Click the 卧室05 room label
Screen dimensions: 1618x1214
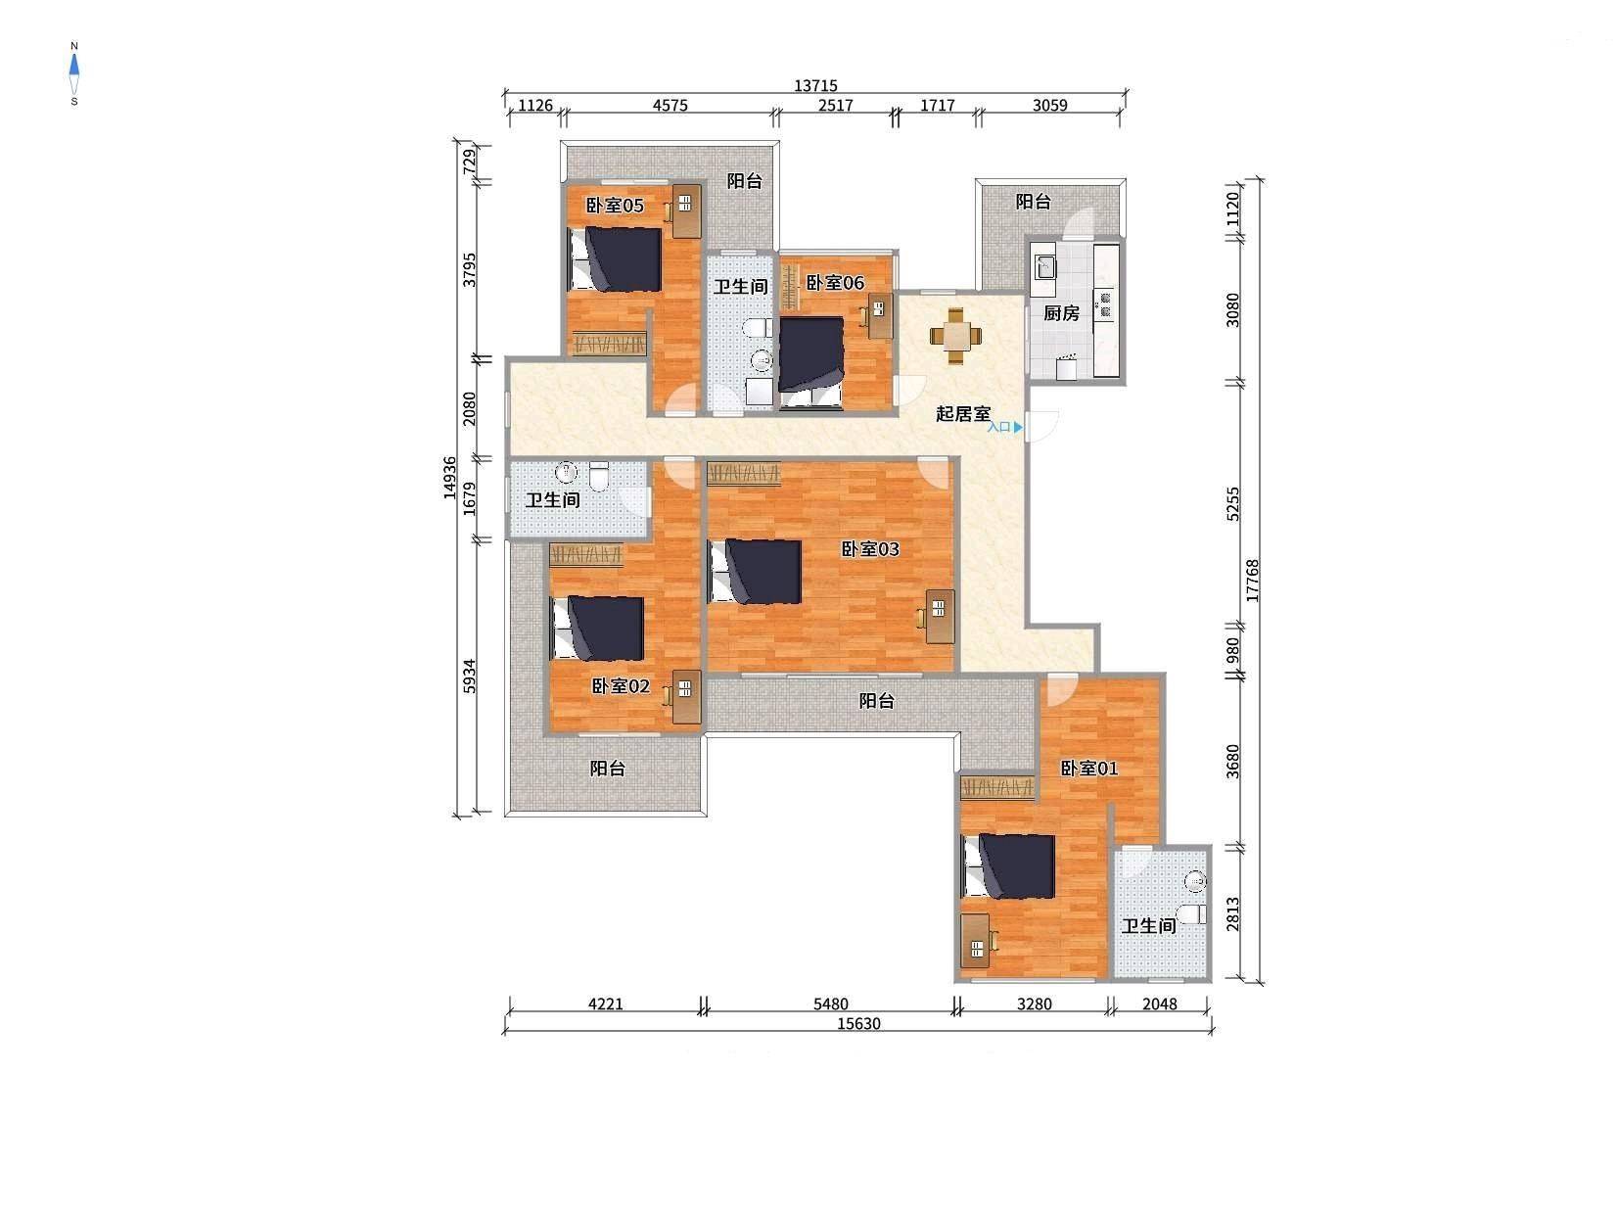[615, 206]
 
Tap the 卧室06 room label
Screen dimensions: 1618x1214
[834, 282]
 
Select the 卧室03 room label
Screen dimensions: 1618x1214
[870, 549]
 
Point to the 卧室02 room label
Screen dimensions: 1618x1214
[621, 686]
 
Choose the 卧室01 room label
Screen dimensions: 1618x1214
[1088, 769]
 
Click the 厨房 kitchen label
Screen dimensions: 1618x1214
[1061, 313]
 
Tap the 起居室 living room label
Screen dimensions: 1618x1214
[963, 413]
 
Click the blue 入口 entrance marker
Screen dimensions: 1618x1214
[1004, 427]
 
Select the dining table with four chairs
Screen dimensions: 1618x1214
[955, 336]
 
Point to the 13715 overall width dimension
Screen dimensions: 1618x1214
[815, 85]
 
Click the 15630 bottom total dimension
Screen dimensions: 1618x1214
[858, 1024]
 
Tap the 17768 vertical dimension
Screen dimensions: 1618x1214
[1252, 581]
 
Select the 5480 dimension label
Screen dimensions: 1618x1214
[830, 1004]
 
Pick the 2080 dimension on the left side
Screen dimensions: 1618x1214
[469, 408]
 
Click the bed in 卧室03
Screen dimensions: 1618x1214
[755, 571]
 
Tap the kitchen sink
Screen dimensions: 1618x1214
[1044, 265]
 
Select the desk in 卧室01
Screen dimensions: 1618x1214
[975, 941]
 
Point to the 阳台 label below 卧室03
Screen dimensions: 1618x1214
[876, 701]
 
